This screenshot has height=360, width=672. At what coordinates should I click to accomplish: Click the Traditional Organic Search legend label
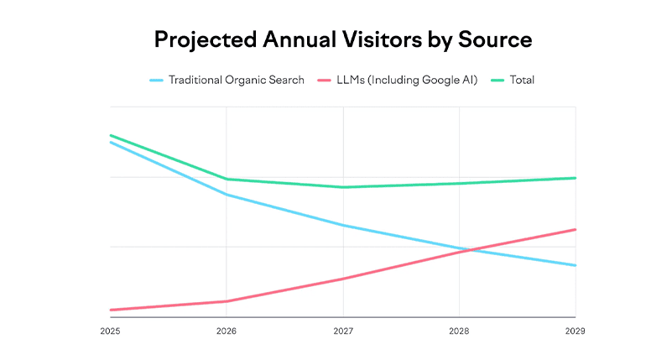[x=237, y=81]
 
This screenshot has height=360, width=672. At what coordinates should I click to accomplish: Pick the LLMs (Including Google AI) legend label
[x=406, y=81]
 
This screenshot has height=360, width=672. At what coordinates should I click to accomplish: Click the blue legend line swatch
[x=156, y=81]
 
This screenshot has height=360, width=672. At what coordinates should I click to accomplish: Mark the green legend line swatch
[x=493, y=81]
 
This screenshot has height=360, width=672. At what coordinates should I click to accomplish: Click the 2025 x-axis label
[x=110, y=331]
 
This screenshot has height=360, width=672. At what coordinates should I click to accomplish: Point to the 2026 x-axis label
[x=226, y=331]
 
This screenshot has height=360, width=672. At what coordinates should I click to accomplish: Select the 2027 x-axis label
[x=342, y=331]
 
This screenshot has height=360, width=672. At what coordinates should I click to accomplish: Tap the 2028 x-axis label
[x=459, y=331]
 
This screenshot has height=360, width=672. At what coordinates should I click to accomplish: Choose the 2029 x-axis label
[x=575, y=331]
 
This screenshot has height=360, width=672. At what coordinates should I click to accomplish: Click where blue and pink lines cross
[x=464, y=250]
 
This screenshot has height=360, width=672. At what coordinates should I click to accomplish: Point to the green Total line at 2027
[x=342, y=187]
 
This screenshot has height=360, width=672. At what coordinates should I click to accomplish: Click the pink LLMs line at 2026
[x=227, y=301]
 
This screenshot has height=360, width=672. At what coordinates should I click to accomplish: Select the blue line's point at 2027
[x=342, y=226]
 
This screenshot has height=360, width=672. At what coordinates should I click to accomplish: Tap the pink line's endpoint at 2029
[x=575, y=229]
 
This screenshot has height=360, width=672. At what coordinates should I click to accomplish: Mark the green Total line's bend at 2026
[x=227, y=179]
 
